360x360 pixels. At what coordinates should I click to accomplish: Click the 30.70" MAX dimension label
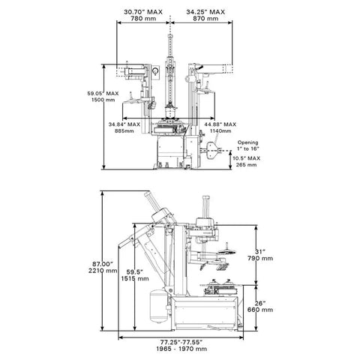click(143, 12)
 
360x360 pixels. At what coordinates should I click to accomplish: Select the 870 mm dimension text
click(205, 19)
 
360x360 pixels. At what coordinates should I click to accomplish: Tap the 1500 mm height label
click(103, 100)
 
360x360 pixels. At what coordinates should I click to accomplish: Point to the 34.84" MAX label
click(124, 124)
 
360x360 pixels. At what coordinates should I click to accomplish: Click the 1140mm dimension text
click(220, 130)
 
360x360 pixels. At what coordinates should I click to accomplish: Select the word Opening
click(247, 142)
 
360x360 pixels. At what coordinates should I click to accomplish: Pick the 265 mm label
click(246, 165)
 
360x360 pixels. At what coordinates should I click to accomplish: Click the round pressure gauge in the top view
click(155, 71)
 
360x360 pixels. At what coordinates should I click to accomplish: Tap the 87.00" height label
click(103, 264)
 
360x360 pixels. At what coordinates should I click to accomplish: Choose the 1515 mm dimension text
click(135, 278)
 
